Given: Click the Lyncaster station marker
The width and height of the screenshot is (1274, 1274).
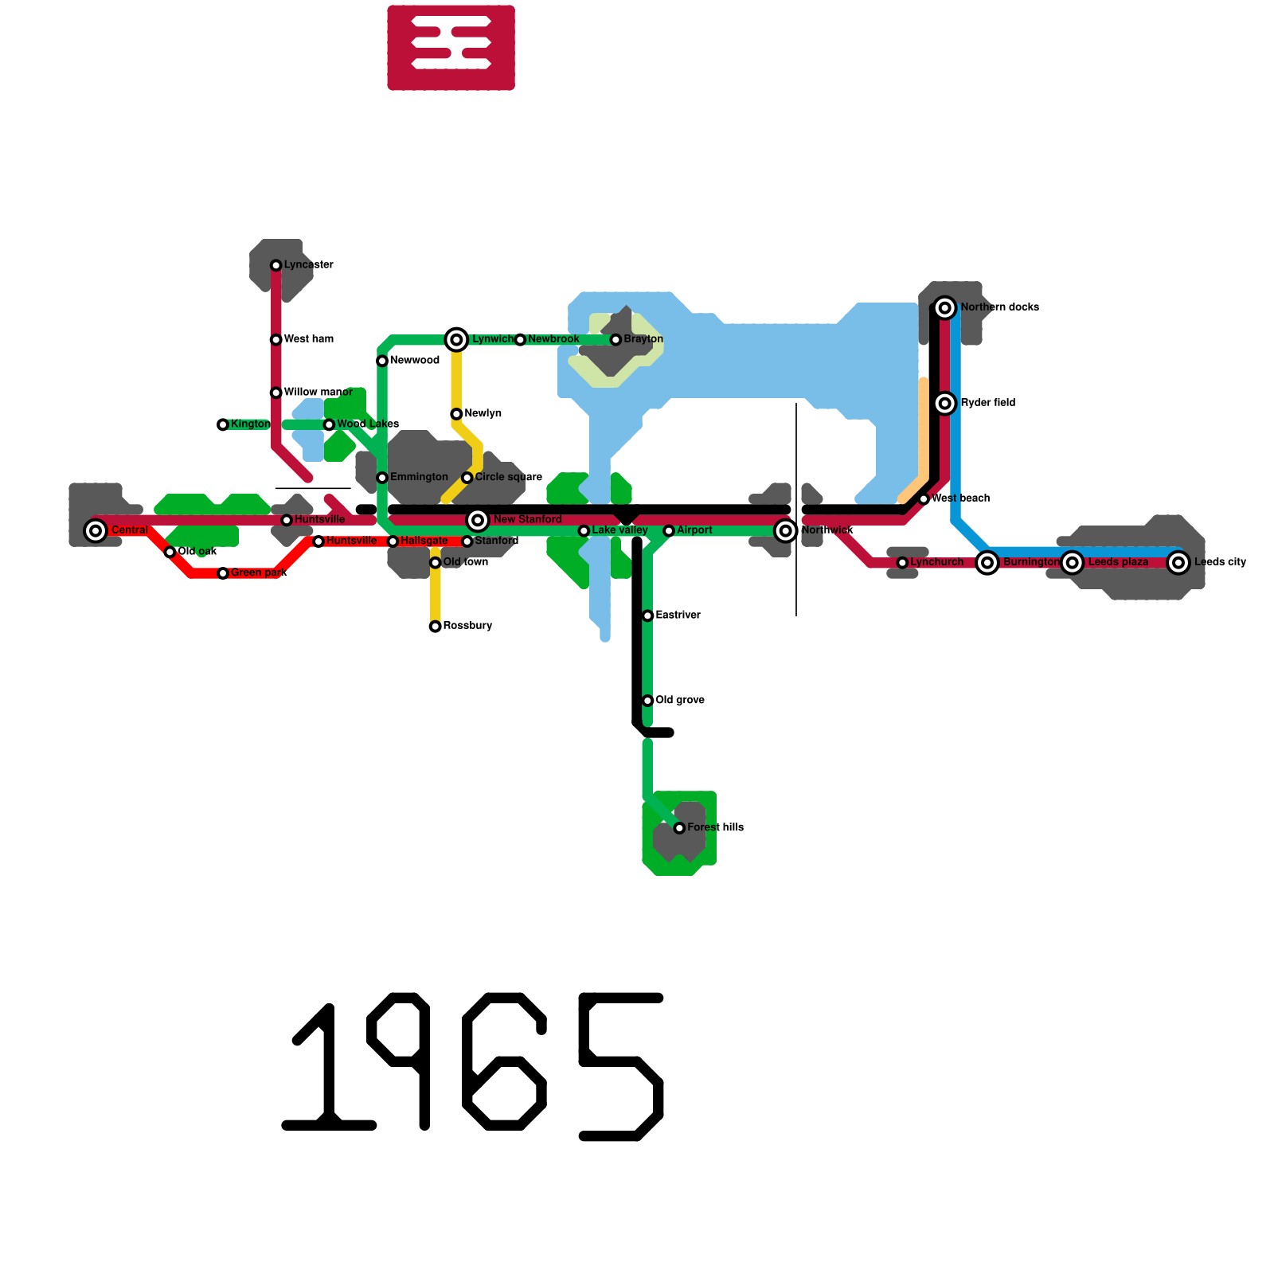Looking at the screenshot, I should [276, 265].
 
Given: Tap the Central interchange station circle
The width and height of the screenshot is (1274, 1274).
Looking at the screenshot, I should [96, 530].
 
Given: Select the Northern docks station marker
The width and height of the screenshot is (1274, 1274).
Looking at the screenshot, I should [944, 307].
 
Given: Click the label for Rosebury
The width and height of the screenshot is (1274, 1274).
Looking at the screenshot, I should [467, 626].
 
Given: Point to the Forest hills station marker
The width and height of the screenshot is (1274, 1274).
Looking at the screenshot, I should [679, 828].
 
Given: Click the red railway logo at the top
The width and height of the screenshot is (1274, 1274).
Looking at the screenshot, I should [451, 48].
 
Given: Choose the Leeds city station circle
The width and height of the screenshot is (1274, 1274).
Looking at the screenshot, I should [1178, 562].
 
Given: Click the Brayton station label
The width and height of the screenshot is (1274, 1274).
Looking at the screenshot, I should [643, 339].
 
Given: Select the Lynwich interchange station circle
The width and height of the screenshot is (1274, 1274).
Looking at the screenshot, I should [456, 340].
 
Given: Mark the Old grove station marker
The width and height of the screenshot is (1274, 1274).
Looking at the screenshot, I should [648, 701].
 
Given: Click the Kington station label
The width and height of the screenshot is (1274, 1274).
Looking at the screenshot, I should [250, 424].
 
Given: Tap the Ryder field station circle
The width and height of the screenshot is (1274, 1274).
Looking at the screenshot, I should [944, 404].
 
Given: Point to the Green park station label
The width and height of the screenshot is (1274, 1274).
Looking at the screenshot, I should [259, 573].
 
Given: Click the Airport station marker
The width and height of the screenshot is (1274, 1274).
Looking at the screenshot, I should [669, 531].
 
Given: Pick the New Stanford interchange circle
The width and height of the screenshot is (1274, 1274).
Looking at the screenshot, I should [478, 520].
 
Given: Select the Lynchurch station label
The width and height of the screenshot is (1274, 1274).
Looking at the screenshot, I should [936, 562].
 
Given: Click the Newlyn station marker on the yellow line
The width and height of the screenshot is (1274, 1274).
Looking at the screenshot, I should [456, 414].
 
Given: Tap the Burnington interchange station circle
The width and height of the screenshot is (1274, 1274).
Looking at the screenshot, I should [987, 562].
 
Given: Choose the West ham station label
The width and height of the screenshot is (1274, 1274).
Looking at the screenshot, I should [308, 339].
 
